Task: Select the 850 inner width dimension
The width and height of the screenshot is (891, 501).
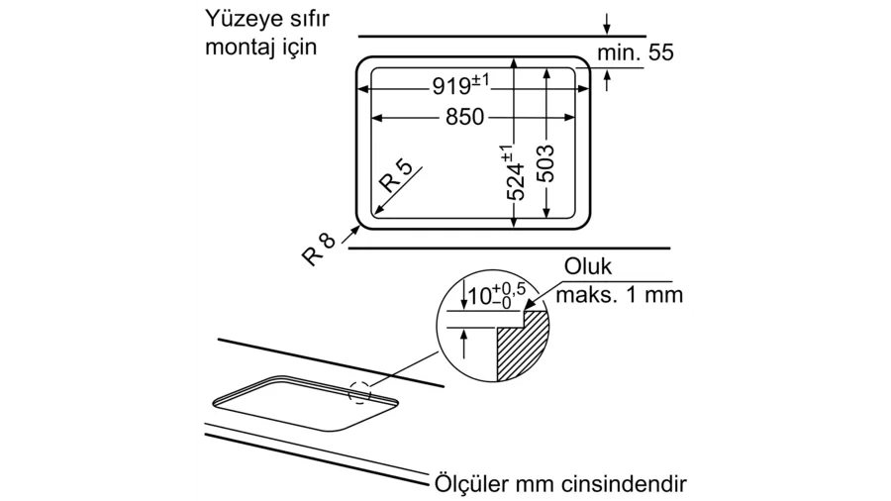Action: click(465, 117)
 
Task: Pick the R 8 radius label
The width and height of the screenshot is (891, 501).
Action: click(318, 250)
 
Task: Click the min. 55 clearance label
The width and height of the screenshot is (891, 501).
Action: click(636, 52)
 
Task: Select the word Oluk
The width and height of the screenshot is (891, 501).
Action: click(587, 266)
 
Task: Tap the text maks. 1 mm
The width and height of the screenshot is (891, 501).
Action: click(619, 295)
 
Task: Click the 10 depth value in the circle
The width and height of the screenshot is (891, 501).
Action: click(480, 296)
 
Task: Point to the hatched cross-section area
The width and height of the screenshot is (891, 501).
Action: click(523, 346)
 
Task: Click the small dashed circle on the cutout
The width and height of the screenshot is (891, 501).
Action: click(359, 392)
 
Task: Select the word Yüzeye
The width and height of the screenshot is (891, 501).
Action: click(243, 19)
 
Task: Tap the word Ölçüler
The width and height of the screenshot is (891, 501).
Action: click(471, 484)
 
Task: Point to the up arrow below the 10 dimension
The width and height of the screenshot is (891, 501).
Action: click(464, 345)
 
